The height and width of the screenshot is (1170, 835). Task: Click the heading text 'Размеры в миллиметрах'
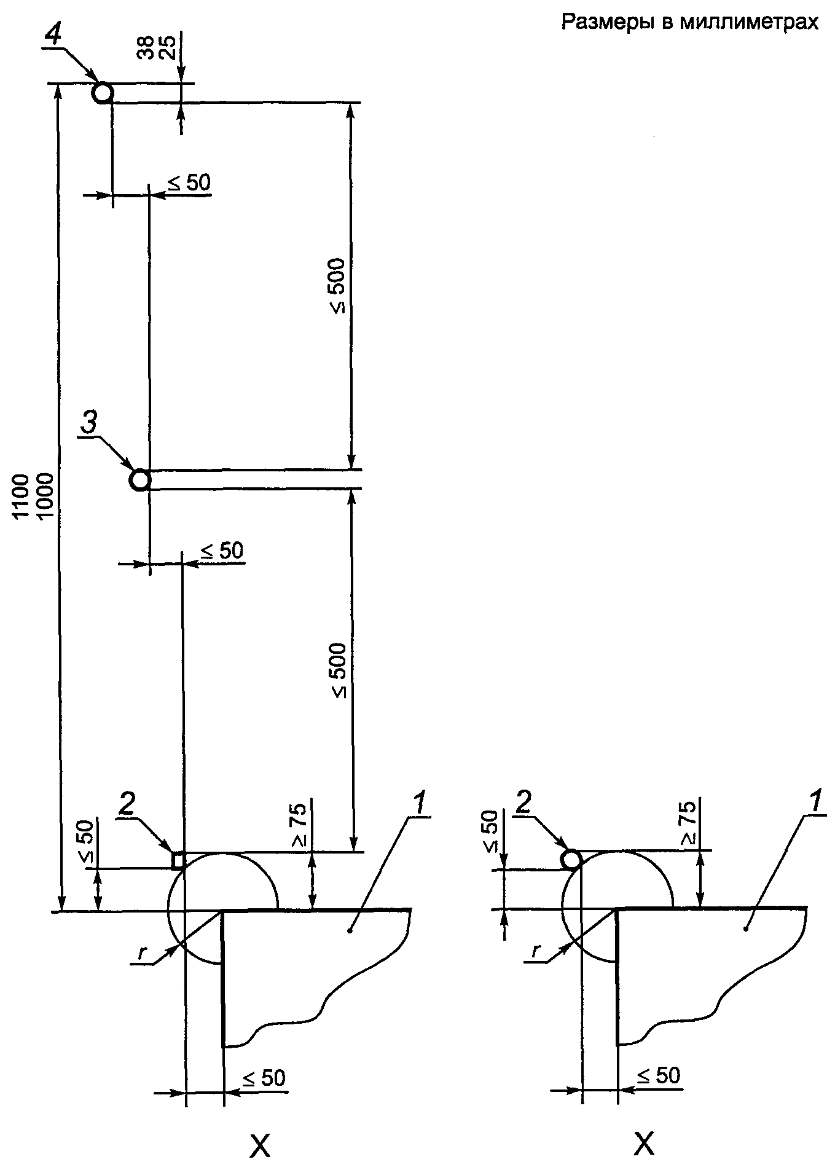tap(690, 23)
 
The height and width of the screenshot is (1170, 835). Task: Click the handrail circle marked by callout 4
tap(103, 93)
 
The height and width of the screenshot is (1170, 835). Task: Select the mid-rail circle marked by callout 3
tap(140, 479)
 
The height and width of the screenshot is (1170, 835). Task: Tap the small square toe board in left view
tap(178, 860)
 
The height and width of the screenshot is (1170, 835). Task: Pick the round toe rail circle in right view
tap(572, 859)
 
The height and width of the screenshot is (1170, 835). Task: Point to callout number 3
tap(89, 425)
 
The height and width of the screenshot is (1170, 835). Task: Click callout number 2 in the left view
tap(128, 806)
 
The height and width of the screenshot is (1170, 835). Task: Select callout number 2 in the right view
tap(523, 804)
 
